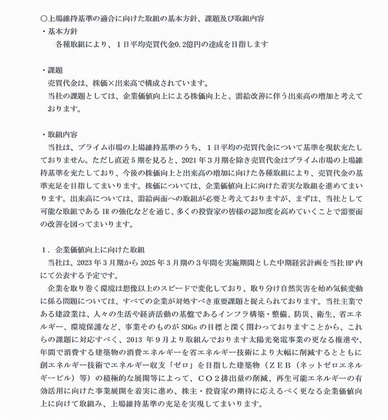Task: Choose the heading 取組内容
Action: coord(63,134)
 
